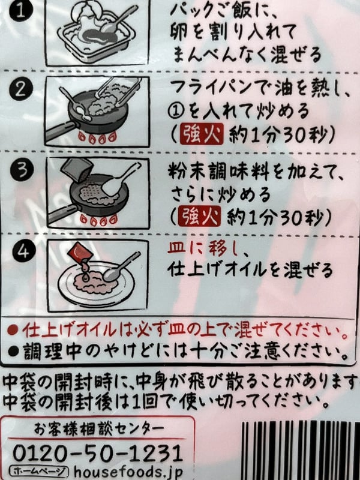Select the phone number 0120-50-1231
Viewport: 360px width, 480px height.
coord(97,451)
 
